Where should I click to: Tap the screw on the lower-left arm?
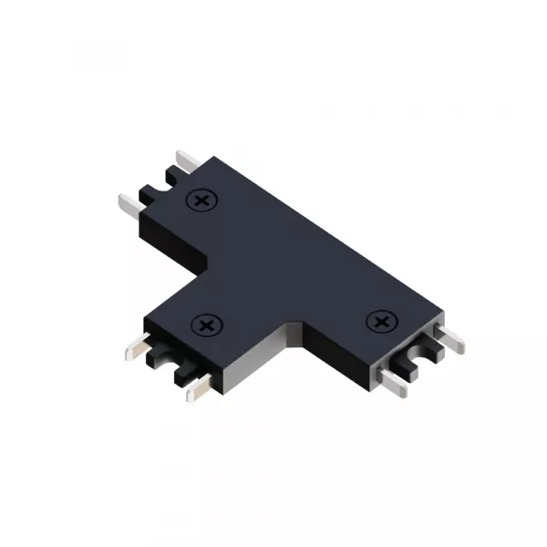tap(208, 324)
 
